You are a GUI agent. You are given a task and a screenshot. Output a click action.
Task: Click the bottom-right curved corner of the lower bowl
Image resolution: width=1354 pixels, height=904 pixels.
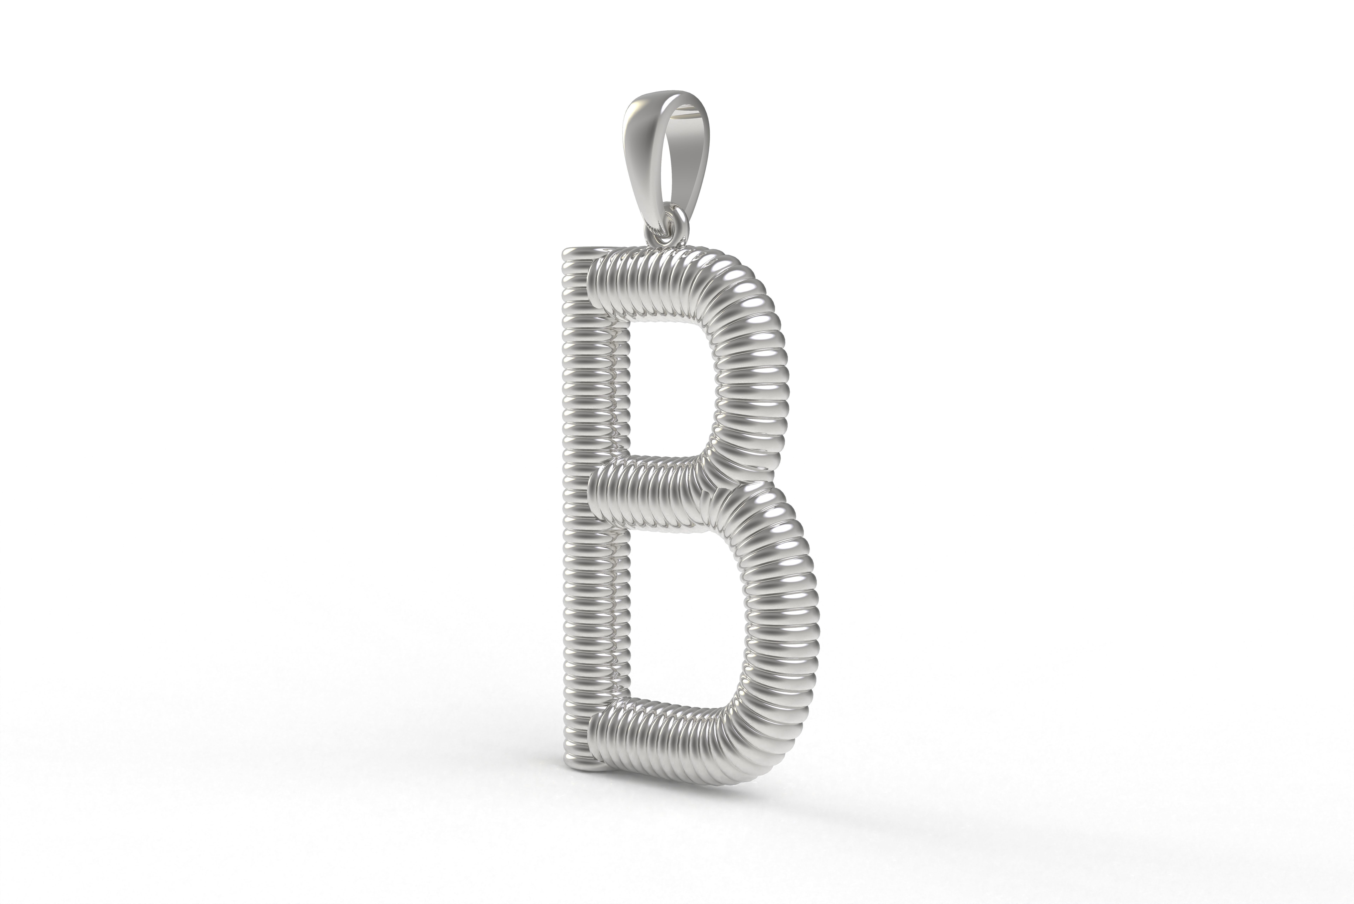coord(767,732)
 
